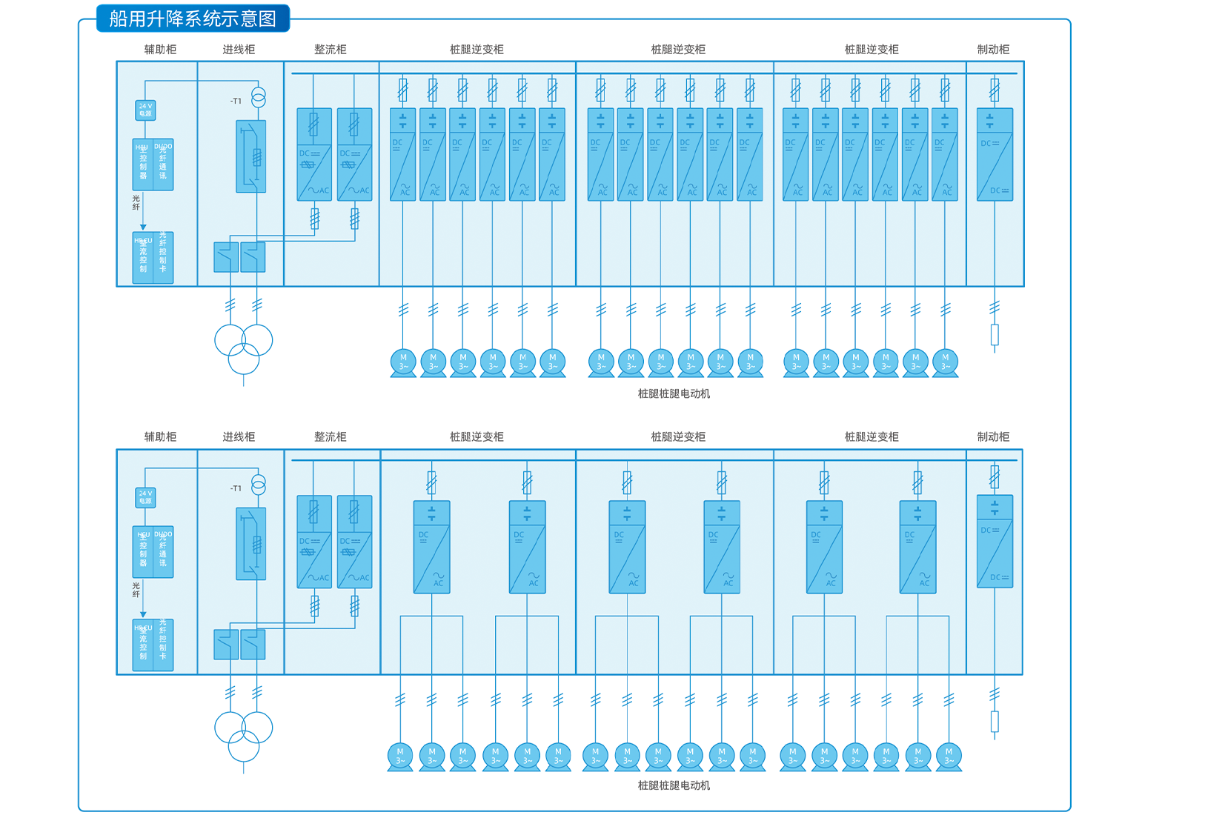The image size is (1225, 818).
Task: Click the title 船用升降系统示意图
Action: [x=193, y=19]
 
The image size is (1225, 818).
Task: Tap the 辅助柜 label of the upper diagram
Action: [x=160, y=50]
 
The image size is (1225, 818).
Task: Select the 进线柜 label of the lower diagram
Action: [x=239, y=437]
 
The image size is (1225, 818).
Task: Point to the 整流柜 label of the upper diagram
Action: [x=330, y=50]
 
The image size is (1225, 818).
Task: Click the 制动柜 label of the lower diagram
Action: [x=993, y=437]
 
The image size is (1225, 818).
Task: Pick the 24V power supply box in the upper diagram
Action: [x=145, y=110]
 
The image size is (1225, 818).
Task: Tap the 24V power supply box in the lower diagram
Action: [x=145, y=497]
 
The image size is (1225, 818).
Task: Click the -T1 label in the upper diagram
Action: [x=236, y=101]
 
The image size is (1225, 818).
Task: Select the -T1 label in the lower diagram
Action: [x=236, y=488]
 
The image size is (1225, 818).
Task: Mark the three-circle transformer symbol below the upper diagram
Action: [x=244, y=348]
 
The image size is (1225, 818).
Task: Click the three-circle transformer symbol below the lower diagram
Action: [x=244, y=736]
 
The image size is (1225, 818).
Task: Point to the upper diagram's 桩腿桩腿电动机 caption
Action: [x=674, y=394]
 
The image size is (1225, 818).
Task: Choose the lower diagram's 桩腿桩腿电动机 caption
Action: [x=674, y=785]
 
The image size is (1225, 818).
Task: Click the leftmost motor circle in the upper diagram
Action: [x=403, y=362]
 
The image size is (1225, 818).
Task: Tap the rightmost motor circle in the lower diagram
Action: [x=949, y=756]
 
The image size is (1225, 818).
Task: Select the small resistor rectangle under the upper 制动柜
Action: [x=995, y=335]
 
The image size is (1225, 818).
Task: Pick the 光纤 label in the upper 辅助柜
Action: [x=136, y=202]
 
